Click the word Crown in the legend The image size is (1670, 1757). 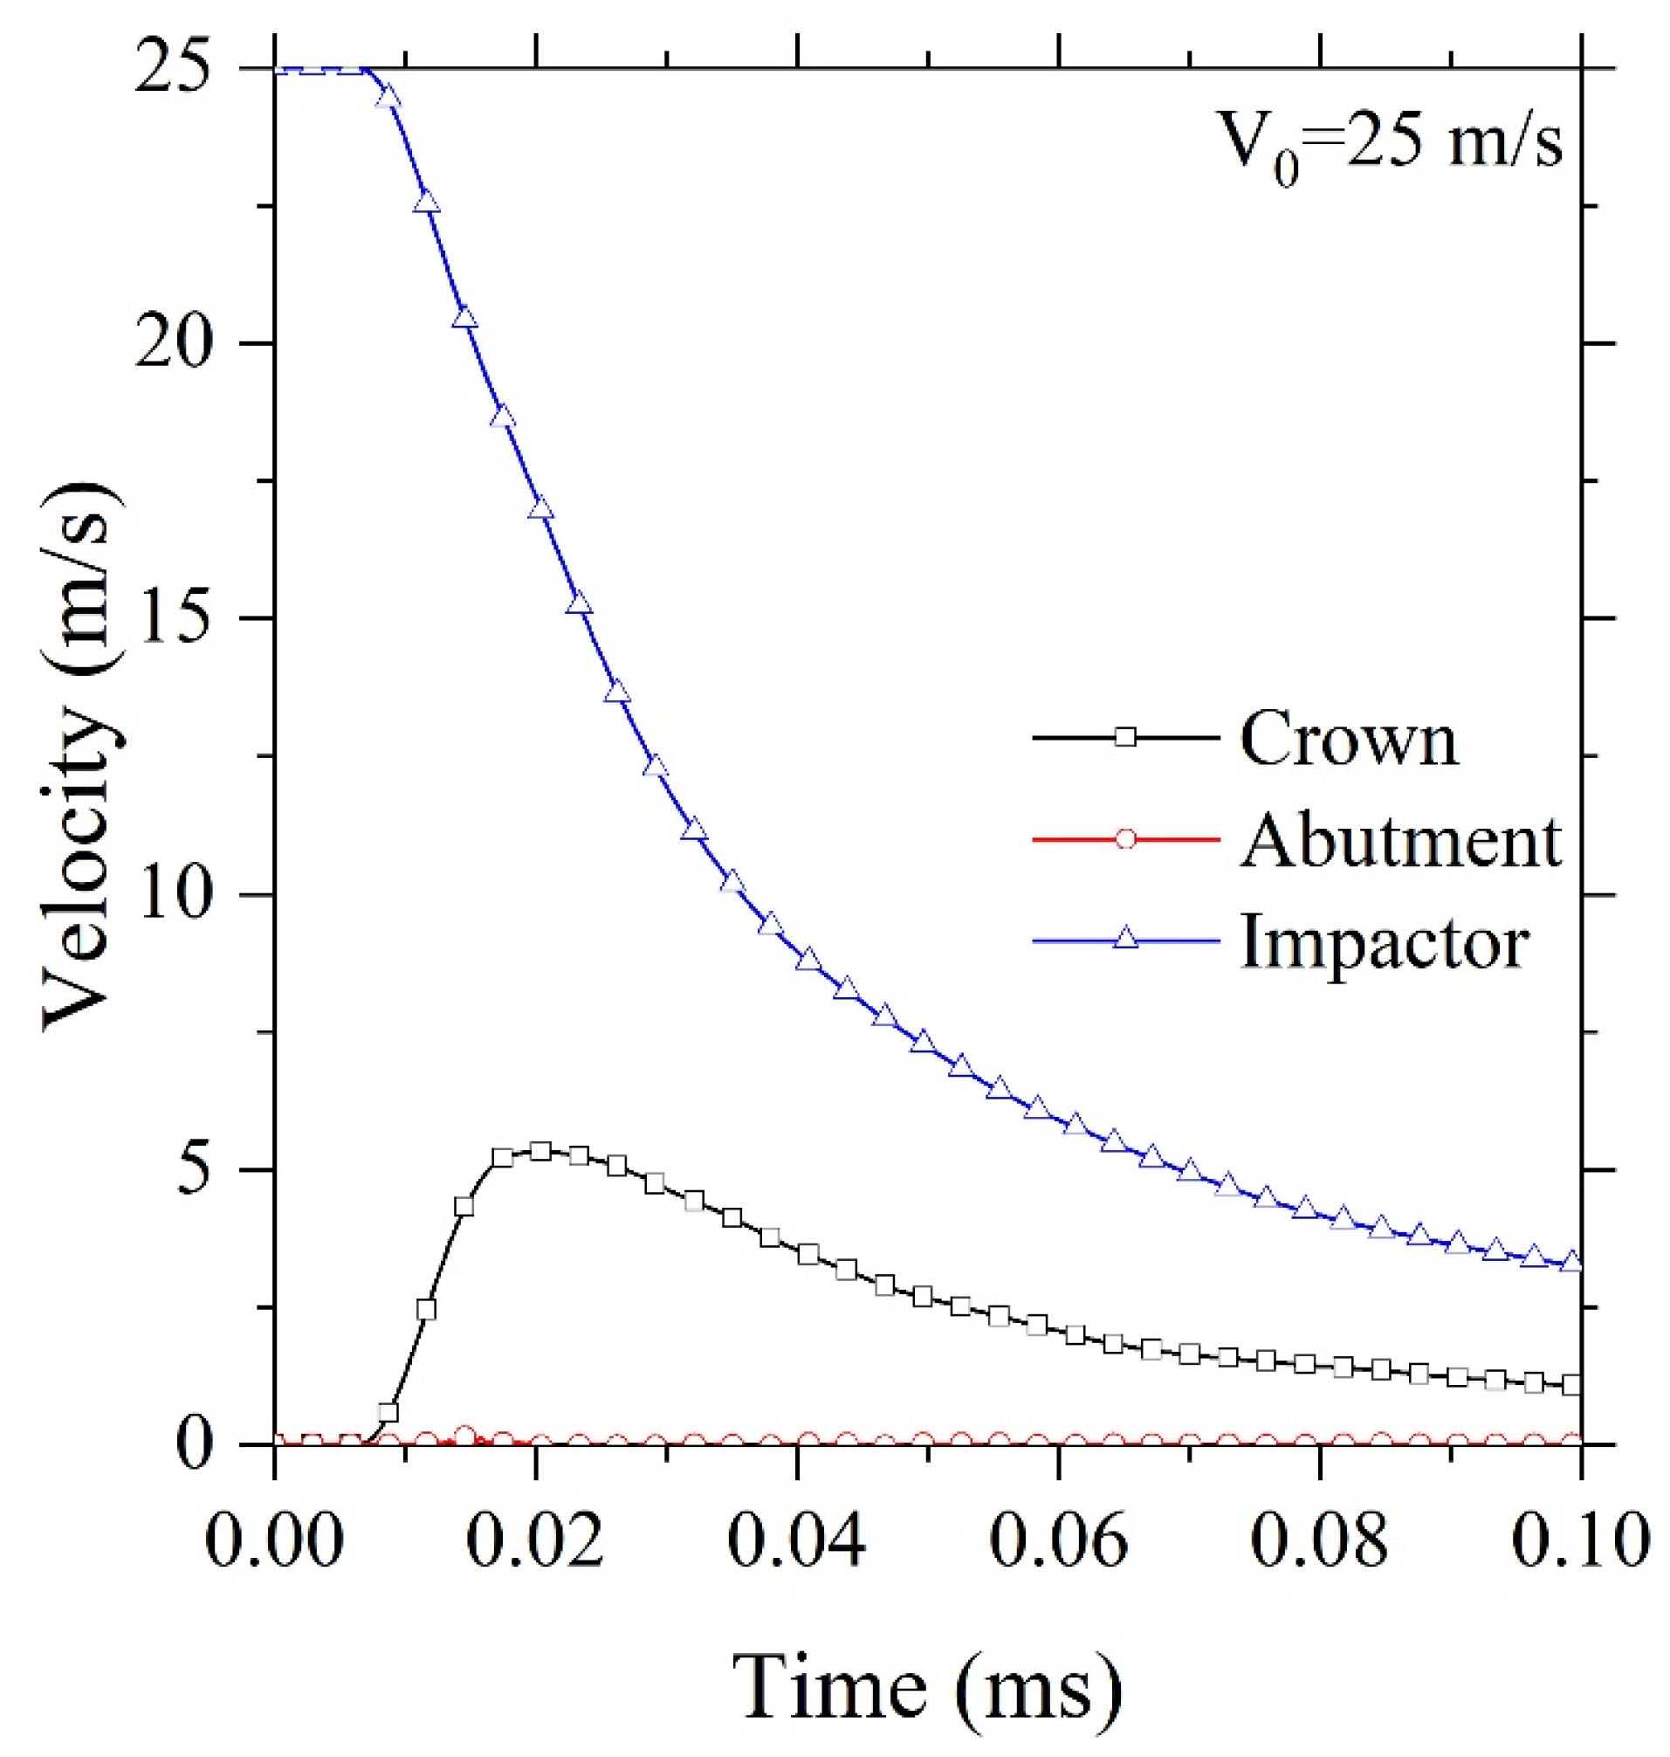pyautogui.click(x=1349, y=738)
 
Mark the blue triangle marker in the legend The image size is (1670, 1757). pyautogui.click(x=1126, y=939)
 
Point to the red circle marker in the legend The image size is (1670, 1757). pyautogui.click(x=1126, y=839)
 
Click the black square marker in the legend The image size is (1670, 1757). pyautogui.click(x=1126, y=737)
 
